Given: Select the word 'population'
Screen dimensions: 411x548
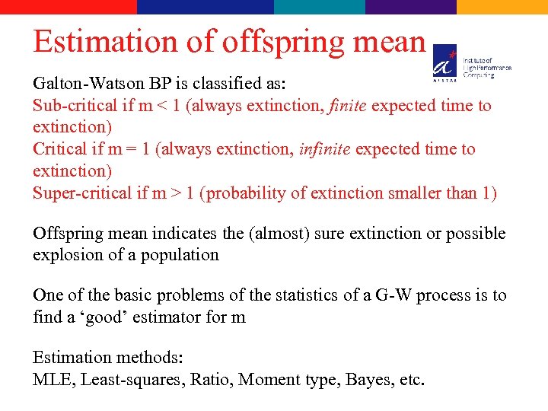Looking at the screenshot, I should coord(181,255).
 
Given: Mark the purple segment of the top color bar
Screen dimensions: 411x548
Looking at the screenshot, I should coord(411,7).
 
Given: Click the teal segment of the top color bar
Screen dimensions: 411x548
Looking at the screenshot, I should coord(320,7).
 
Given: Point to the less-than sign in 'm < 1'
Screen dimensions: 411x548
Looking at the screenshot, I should coord(161,107).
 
